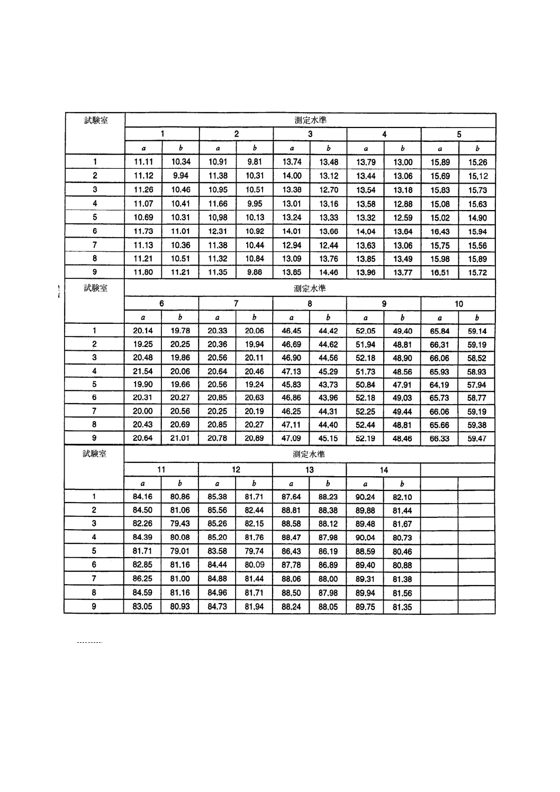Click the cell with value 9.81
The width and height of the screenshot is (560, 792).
click(255, 162)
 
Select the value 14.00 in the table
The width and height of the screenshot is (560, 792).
click(292, 176)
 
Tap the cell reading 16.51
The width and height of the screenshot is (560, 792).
click(440, 272)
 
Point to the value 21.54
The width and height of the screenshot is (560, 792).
click(143, 371)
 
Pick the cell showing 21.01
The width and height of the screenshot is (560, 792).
click(180, 438)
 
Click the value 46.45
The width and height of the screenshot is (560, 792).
click(292, 331)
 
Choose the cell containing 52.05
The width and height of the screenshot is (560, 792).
click(365, 331)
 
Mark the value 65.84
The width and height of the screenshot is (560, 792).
click(440, 331)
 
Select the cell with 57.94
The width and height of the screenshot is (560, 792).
click(477, 385)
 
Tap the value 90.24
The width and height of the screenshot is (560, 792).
click(365, 497)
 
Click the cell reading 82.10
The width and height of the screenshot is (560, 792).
click(402, 497)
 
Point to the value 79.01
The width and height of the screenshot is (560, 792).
click(180, 551)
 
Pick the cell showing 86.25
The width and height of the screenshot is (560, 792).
click(143, 579)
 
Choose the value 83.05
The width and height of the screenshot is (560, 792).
click(143, 606)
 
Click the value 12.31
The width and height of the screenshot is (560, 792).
click(218, 231)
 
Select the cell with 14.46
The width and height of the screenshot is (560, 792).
click(329, 272)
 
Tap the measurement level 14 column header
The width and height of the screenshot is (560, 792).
click(384, 470)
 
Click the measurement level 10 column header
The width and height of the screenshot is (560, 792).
click(458, 304)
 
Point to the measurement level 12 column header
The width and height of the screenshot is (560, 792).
click(236, 470)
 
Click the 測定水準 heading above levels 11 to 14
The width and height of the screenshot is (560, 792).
click(309, 454)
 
